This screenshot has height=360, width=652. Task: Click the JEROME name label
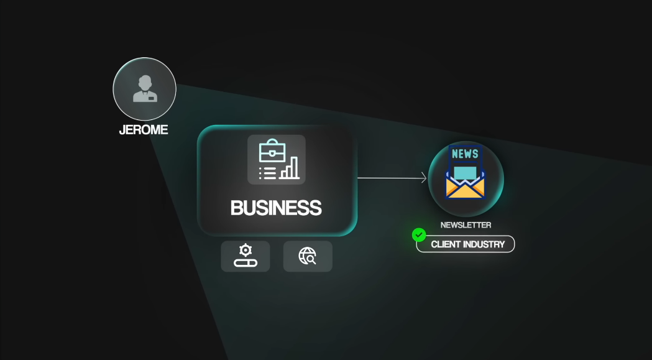(144, 131)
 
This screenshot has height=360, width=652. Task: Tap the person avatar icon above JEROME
(144, 89)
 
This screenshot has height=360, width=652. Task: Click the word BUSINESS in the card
(276, 208)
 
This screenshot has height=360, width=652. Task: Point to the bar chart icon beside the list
(290, 168)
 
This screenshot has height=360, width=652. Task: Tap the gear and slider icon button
(246, 256)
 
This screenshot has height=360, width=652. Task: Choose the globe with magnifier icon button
(308, 256)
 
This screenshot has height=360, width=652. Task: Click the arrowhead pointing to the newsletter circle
(424, 178)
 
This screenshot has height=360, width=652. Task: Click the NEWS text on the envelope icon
(465, 154)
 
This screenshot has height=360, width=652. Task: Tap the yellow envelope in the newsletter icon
(465, 187)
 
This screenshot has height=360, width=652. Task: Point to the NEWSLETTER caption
(466, 225)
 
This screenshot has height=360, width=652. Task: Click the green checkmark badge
(419, 235)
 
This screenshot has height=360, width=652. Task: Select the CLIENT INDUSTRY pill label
(468, 244)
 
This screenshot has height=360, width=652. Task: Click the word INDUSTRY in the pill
(485, 244)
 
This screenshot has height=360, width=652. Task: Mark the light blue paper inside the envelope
(465, 171)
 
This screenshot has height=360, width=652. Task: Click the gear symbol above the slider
(246, 250)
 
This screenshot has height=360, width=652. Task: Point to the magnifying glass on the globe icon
(311, 260)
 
